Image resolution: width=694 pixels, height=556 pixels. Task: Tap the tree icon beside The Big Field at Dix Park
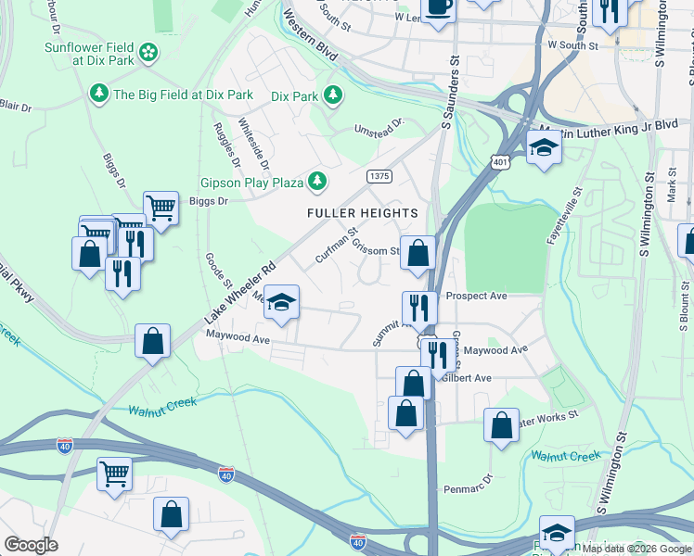[98, 94]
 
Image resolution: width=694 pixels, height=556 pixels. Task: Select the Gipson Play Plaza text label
[252, 182]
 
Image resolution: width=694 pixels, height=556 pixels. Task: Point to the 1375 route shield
[379, 176]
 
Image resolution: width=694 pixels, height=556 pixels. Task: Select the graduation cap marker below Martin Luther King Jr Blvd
[544, 147]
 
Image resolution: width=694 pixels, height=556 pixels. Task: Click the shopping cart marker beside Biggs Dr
[161, 208]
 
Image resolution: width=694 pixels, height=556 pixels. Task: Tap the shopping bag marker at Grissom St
[418, 252]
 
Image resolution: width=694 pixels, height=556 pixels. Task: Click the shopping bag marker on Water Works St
[501, 426]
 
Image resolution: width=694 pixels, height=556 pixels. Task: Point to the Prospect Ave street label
[476, 297]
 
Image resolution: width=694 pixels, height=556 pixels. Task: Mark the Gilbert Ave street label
[467, 378]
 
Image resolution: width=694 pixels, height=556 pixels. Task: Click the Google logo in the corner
[31, 545]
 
